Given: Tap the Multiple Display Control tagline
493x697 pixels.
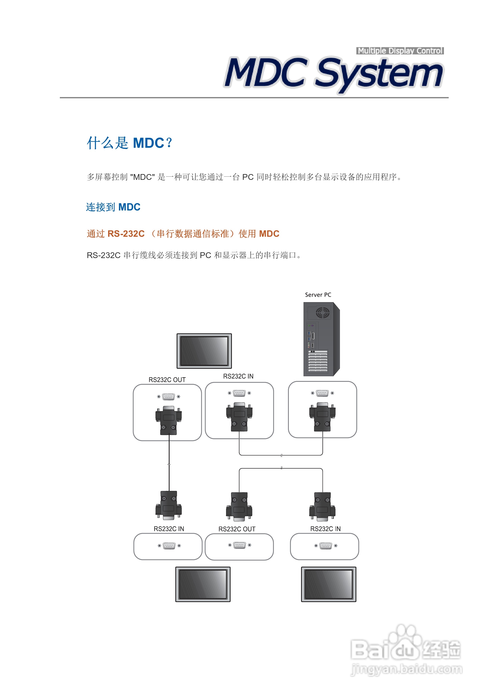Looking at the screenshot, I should tap(400, 51).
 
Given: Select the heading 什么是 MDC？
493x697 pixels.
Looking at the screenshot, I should tap(130, 143).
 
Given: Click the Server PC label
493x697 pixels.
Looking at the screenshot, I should tap(318, 295).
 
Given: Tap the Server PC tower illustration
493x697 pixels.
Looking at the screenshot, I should tap(321, 339).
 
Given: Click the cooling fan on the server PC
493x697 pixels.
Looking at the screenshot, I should tap(322, 312).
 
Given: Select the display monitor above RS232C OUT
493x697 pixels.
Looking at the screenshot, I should tap(204, 351).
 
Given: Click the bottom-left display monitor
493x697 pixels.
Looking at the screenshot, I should tap(203, 584).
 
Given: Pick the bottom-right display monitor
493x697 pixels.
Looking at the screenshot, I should tap(328, 584).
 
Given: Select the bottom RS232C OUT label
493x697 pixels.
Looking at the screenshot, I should tap(237, 529).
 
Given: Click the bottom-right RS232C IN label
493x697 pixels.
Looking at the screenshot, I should tap(325, 529).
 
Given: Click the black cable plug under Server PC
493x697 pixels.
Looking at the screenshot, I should tap(322, 417).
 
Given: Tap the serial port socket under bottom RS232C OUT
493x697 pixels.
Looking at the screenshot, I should tap(239, 545).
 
